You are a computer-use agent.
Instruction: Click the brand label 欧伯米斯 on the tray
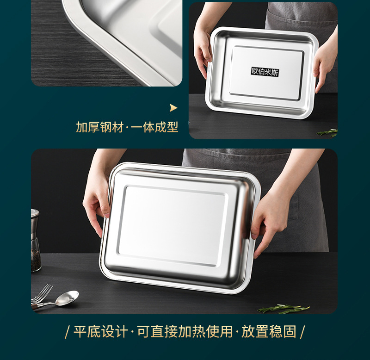click(x=265, y=72)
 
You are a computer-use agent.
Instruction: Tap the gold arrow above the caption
click(x=173, y=108)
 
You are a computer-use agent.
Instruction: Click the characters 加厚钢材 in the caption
click(x=99, y=127)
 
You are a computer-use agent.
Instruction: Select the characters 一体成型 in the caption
click(x=154, y=127)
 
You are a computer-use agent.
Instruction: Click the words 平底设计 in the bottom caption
click(x=101, y=331)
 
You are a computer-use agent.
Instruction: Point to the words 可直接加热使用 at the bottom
click(x=185, y=331)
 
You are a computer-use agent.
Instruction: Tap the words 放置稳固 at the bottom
click(x=269, y=331)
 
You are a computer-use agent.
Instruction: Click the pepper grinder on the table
click(x=36, y=240)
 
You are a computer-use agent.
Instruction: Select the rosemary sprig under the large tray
click(x=284, y=309)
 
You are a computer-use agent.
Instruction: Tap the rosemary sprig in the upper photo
click(x=327, y=133)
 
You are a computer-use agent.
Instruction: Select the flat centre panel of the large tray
click(x=173, y=226)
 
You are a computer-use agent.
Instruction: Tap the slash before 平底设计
click(x=67, y=332)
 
